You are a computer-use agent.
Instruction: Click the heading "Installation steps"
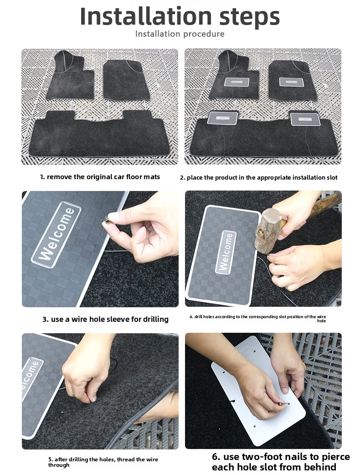coord(180,16)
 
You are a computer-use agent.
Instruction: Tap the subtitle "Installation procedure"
coord(180,34)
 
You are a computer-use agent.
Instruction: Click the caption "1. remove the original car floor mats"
coord(100,177)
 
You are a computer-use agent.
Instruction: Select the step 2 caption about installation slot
coord(258,177)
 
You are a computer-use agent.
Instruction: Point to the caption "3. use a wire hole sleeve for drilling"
coord(105,319)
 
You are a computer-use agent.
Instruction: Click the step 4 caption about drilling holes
coord(257,318)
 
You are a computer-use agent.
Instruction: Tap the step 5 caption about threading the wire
coord(103,462)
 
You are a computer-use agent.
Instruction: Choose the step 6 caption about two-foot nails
coord(281,462)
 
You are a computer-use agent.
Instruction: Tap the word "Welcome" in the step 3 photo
coord(57,234)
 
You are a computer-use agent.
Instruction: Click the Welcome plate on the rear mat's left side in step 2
coord(222,118)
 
